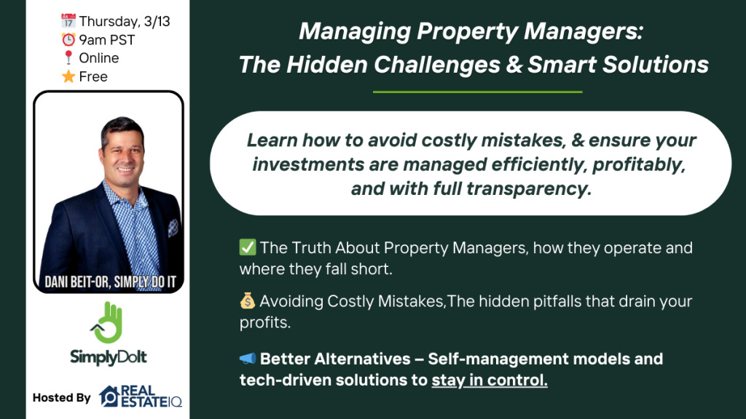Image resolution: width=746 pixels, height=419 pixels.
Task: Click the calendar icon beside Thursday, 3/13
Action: coord(68,21)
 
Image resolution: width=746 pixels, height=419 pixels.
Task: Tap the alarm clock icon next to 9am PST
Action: coord(68,39)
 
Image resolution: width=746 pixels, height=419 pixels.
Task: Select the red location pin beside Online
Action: coord(68,58)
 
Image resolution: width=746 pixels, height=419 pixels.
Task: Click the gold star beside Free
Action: coord(68,76)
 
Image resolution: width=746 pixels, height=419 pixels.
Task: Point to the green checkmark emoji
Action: coord(248,247)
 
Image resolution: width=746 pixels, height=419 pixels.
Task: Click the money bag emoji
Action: coord(248,300)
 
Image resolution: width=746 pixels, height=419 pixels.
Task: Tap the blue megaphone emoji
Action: coord(248,359)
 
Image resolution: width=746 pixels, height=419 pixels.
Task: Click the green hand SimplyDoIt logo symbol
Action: coord(108,322)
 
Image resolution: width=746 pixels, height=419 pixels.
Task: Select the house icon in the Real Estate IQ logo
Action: coord(109,396)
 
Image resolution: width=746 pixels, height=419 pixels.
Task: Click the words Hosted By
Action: coord(61,398)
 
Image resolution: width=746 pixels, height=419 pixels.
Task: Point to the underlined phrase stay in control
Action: coord(490,380)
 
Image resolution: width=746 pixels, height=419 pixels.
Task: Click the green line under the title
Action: coord(478,92)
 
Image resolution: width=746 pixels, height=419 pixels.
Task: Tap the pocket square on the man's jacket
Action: coord(173,228)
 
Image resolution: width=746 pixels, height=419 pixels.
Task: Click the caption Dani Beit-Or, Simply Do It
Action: coord(111,282)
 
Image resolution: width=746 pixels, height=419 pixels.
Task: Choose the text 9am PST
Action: coord(107,40)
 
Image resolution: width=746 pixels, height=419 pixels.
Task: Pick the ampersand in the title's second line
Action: coord(514,65)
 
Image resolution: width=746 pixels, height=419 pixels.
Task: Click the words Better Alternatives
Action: coord(335,359)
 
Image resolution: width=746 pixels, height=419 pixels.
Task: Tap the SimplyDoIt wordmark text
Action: coord(109,356)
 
